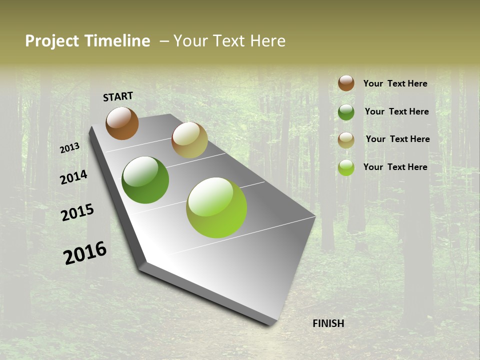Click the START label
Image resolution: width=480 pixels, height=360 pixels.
coord(118,96)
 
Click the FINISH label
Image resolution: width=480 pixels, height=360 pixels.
coord(328,323)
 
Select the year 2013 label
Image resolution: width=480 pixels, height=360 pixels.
coord(70,148)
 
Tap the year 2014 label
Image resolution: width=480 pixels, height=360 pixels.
coord(74,177)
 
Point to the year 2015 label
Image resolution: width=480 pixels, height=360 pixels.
coord(77,212)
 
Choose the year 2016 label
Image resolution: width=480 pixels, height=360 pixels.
coord(85,253)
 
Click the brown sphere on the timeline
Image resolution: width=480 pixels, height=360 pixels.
coord(122,123)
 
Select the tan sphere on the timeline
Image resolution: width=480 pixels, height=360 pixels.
coord(189,140)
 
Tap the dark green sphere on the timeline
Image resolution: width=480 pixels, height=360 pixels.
coord(145,180)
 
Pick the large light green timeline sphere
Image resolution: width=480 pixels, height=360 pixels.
coord(216,207)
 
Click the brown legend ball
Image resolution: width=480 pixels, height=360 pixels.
coord(346,83)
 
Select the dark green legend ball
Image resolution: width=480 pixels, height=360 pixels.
coord(346,112)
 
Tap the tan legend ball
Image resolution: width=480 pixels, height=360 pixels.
coord(346,140)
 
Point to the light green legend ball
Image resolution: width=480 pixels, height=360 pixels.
coord(346,167)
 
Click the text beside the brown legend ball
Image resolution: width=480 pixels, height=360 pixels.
coord(395,83)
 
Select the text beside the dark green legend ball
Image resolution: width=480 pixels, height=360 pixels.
coord(396,111)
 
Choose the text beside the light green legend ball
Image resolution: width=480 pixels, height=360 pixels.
coord(395,167)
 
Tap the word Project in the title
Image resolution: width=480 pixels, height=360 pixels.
coord(52,41)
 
